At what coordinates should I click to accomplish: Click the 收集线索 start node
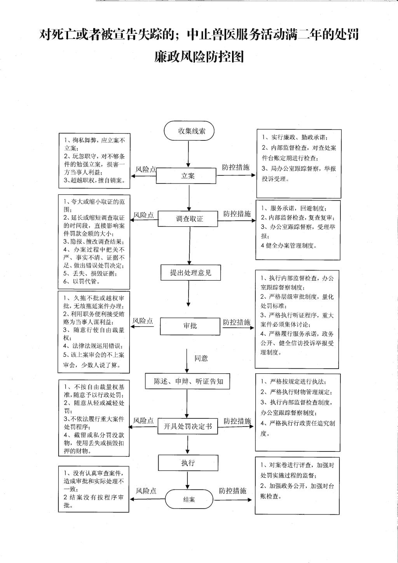(x=189, y=131)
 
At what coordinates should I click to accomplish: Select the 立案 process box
(x=186, y=176)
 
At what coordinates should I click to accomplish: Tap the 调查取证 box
(x=188, y=219)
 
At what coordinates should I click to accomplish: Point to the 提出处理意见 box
(x=191, y=273)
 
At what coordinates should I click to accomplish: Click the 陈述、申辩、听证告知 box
(x=187, y=381)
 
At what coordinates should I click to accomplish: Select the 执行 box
(x=188, y=463)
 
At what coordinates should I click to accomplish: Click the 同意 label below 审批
(x=201, y=358)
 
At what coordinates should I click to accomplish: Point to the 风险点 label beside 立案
(x=146, y=170)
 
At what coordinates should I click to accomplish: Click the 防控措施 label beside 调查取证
(x=237, y=213)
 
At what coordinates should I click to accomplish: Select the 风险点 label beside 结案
(x=146, y=491)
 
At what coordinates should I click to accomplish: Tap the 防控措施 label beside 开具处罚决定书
(x=237, y=421)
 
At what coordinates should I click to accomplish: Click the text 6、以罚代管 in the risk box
(x=82, y=281)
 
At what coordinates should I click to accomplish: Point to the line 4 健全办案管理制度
(x=289, y=246)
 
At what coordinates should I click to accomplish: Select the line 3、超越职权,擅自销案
(x=94, y=180)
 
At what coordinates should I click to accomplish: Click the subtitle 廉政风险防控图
(x=199, y=56)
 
